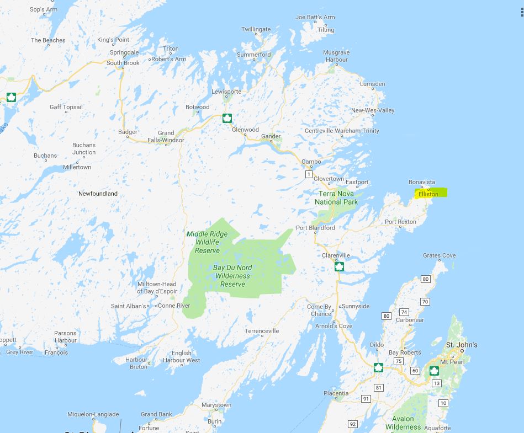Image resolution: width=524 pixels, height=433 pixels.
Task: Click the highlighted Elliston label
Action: [x=429, y=194]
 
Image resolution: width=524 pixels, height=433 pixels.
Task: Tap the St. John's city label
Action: [x=462, y=345]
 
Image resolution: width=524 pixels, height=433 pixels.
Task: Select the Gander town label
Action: [x=271, y=136]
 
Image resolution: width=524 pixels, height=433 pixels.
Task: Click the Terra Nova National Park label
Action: [x=336, y=197]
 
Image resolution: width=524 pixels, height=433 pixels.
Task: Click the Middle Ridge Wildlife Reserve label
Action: [x=207, y=242]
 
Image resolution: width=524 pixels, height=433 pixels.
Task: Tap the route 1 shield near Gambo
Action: [x=309, y=174]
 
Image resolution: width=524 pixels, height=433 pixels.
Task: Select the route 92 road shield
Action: [x=353, y=424]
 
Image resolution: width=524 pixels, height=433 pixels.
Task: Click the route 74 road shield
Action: [x=404, y=312]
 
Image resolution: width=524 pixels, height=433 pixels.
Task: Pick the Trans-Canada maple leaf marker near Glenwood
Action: [x=226, y=118]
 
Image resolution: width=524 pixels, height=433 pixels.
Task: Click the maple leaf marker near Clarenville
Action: [x=339, y=267]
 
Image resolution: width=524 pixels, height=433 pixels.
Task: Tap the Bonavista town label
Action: [x=422, y=182]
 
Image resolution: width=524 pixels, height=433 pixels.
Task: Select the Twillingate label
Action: [x=256, y=29]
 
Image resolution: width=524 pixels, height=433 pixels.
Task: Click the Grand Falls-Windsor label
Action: [x=166, y=136]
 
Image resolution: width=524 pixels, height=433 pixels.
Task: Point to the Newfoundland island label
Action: [x=98, y=194]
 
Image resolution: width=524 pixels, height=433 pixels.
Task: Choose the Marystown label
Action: [x=216, y=405]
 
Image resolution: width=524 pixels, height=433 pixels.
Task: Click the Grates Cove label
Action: [x=440, y=255]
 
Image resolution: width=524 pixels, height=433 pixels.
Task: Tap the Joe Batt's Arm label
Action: [x=315, y=17]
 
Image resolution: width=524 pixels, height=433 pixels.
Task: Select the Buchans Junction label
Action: [x=84, y=148]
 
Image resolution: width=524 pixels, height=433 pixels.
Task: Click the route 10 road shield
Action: [x=443, y=403]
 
